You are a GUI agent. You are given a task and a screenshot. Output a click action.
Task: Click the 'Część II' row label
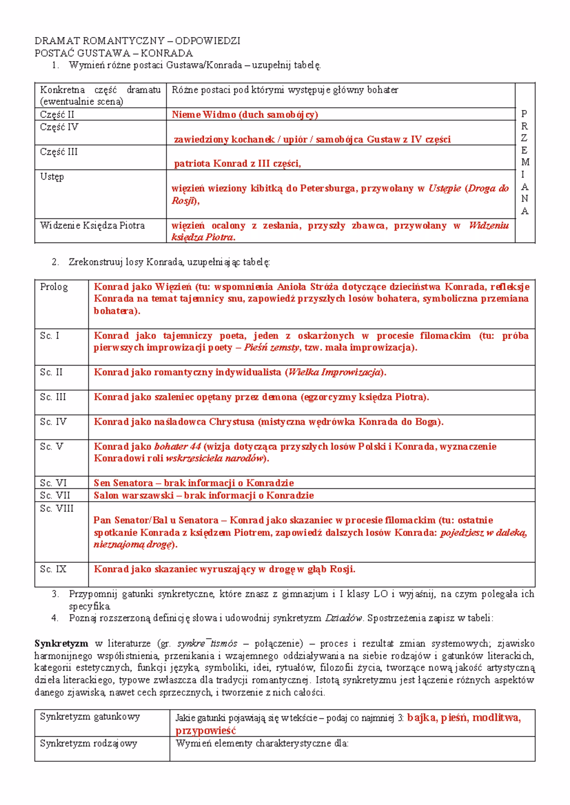click(57, 114)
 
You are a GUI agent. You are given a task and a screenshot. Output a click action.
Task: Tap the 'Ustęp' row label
click(52, 177)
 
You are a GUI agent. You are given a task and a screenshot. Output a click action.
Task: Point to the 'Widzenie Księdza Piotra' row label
click(92, 225)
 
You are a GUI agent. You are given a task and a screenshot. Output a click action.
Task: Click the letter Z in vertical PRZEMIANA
click(524, 138)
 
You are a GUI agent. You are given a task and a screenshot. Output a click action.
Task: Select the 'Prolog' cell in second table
click(54, 287)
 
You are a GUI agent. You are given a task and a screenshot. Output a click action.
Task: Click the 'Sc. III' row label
click(53, 397)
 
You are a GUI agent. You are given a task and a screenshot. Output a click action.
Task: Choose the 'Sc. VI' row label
click(53, 483)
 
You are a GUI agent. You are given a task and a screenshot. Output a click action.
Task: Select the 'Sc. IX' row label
click(53, 569)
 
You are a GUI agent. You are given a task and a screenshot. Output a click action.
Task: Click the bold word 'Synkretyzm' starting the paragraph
click(61, 644)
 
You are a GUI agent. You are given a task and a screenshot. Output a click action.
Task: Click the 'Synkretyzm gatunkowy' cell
click(90, 717)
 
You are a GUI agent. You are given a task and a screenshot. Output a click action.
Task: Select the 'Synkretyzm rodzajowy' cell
click(88, 743)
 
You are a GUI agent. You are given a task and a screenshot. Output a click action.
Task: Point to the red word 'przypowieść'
click(206, 730)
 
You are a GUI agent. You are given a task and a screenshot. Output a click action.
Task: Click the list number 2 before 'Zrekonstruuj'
click(55, 262)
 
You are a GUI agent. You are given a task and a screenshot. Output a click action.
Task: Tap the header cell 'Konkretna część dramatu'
click(100, 90)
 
